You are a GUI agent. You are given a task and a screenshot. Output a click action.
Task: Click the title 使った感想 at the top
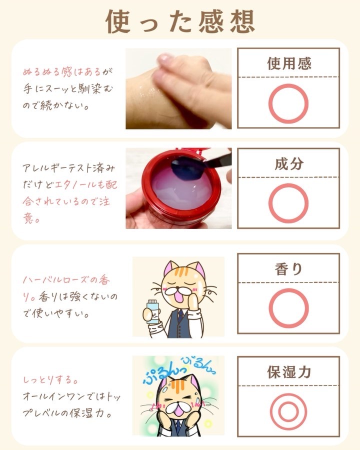click(x=180, y=22)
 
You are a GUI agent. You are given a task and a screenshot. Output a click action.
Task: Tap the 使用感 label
click(x=289, y=63)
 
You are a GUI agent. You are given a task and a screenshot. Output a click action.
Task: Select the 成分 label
click(x=289, y=164)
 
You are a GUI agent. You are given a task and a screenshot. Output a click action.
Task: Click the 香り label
click(x=289, y=269)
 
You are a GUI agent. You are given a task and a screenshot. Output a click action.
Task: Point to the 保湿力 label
click(x=289, y=372)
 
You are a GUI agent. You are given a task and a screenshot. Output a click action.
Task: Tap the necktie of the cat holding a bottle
click(x=180, y=315)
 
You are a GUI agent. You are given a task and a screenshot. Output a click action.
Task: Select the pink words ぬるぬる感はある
click(x=61, y=71)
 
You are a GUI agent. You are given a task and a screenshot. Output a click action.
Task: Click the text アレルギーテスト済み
click(x=69, y=168)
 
